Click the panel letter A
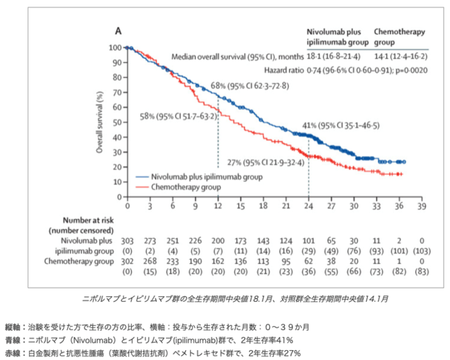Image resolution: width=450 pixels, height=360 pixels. click(118, 30)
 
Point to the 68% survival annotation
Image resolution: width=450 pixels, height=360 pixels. click(250, 86)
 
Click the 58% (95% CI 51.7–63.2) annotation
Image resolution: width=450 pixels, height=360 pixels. click(179, 117)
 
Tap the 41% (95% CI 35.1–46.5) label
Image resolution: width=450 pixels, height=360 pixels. click(340, 125)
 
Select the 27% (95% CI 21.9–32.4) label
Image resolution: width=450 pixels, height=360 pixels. click(266, 163)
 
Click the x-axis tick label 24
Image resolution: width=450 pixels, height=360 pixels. click(309, 206)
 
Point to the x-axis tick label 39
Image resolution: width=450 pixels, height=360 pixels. click(422, 206)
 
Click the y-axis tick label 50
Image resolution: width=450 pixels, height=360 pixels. click(118, 123)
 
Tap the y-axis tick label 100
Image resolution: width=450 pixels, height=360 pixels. click(115, 47)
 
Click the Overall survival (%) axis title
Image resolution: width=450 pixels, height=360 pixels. click(100, 123)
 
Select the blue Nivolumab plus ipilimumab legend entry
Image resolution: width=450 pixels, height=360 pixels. click(199, 177)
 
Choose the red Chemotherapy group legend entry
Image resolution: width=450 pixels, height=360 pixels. click(178, 187)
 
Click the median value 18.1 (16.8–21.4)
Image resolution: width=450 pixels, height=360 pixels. click(333, 56)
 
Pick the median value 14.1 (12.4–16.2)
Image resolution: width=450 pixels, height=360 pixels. click(401, 56)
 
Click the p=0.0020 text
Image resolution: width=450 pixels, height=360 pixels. click(411, 70)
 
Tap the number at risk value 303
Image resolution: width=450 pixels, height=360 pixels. click(127, 241)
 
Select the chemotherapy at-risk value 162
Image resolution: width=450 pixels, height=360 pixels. click(218, 261)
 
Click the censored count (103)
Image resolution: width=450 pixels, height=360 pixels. click(422, 251)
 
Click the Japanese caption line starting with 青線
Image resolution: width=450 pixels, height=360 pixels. click(149, 341)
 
